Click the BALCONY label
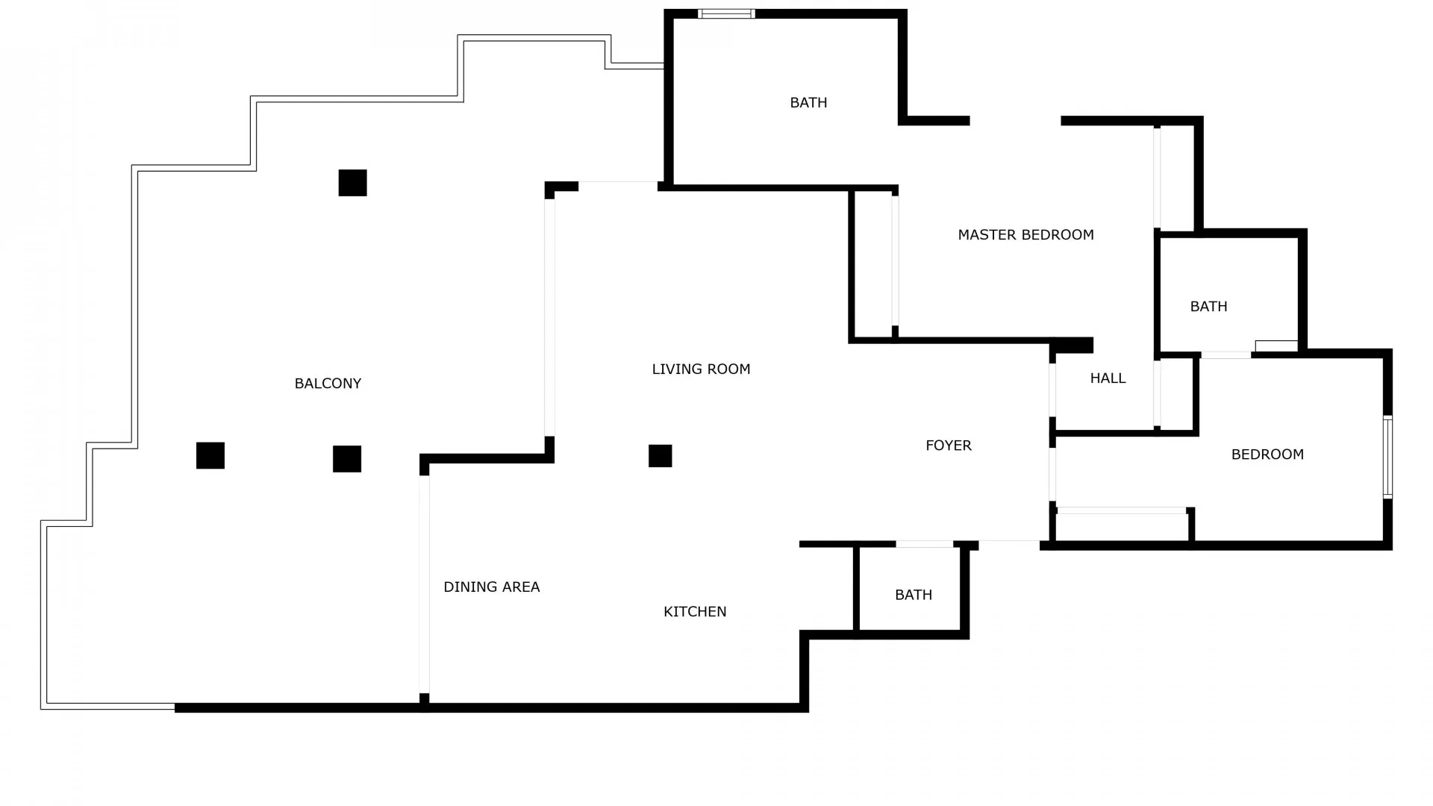coord(328,384)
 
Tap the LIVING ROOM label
coord(701,369)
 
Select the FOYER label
coord(948,446)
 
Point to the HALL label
coord(1108,378)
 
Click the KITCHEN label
coord(695,612)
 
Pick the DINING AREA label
coord(491,587)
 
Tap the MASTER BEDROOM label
coord(1025,235)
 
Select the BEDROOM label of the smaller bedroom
coord(1267,454)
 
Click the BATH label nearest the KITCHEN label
coord(914,595)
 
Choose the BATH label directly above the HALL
coord(1208,307)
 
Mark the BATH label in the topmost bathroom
coord(808,103)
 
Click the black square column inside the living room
coord(660,456)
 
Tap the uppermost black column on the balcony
coord(352,183)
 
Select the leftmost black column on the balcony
coord(210,456)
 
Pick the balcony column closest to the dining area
coord(347,459)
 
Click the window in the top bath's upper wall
coord(726,13)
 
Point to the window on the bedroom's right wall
coord(1387,457)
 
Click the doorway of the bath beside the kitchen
coord(924,544)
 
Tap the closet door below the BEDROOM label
coord(1121,510)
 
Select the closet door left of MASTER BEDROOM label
coord(895,260)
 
